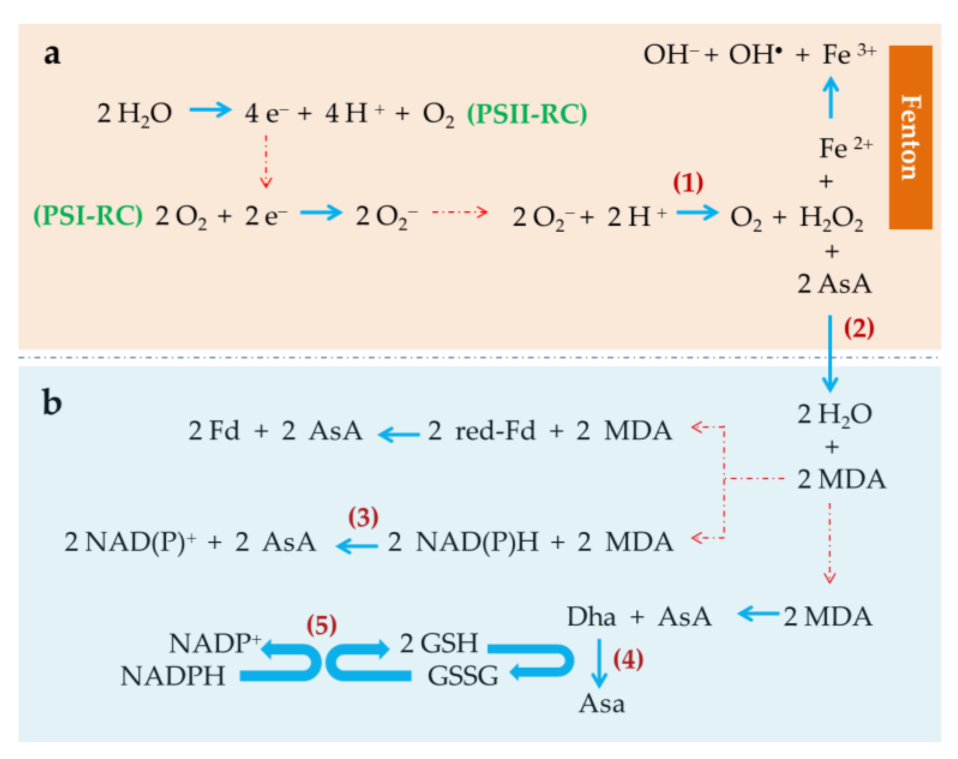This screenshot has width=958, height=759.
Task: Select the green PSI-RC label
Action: pos(88,216)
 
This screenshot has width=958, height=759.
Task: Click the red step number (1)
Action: pos(688,183)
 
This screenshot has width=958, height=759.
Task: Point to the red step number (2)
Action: pos(858,329)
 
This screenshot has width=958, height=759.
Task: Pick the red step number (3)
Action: pos(363,517)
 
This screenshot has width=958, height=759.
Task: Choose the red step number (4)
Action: pos(628,659)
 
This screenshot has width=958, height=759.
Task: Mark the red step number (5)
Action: pos(321,625)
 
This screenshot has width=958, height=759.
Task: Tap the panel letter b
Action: pos(52,402)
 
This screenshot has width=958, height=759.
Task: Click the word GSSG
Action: pos(462,676)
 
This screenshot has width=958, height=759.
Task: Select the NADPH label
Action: pos(172,676)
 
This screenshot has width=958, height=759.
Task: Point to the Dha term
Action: pos(591,617)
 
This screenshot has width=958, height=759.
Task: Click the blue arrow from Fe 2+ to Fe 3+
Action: pos(831,97)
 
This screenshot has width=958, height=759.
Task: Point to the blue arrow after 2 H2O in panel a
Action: pos(210,110)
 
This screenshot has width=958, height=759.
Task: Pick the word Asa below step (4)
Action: pos(601,703)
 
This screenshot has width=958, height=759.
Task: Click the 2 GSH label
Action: pos(438,643)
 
